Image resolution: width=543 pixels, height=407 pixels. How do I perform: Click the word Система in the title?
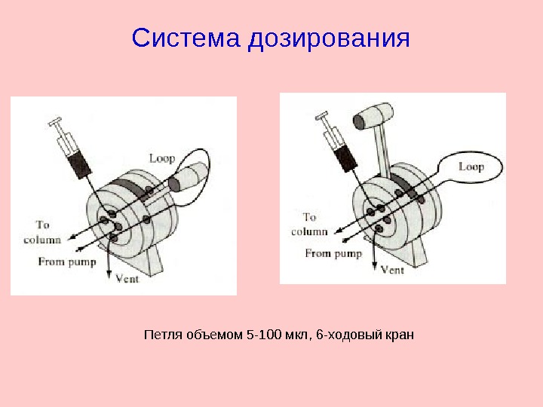click(184, 38)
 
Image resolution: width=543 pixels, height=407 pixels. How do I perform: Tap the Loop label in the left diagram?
click(161, 158)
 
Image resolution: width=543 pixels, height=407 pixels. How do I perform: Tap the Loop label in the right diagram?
click(471, 167)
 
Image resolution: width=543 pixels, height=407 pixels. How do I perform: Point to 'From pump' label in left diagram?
click(67, 262)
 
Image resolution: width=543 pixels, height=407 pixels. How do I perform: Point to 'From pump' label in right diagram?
click(333, 253)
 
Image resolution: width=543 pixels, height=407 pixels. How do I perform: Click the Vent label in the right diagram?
click(393, 269)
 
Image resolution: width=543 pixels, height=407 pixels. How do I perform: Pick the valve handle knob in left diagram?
click(191, 176)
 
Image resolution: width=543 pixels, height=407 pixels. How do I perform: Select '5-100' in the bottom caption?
click(262, 335)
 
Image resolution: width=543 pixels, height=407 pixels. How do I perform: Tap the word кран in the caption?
click(400, 335)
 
